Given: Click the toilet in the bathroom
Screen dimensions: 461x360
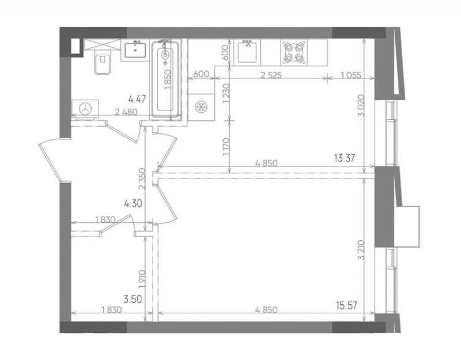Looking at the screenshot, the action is pos(103,63).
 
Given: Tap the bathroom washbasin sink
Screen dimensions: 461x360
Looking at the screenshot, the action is pos(135,50).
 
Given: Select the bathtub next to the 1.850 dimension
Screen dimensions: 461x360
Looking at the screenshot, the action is pos(165,81).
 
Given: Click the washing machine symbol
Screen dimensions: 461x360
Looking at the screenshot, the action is pos(85,109).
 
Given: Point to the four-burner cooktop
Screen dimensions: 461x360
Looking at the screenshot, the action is pos(294,53).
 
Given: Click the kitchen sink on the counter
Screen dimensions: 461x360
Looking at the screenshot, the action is pos(249,52).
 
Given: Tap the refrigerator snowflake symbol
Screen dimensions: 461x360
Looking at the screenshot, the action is pos(201,107).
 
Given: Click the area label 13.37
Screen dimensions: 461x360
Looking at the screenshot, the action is pos(344,158).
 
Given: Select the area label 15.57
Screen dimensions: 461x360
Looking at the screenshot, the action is pos(347,305).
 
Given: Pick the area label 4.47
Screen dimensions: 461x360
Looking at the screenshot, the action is pos(137,98).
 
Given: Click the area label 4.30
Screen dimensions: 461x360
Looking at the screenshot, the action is pos(133,203).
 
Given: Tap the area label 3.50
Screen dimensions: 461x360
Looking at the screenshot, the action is pos(133,300).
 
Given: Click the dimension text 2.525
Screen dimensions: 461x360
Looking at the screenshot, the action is pos(271,75).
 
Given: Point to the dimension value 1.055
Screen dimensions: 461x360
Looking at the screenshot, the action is pos(351,75).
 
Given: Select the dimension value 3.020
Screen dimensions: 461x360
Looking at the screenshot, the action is pos(361,105).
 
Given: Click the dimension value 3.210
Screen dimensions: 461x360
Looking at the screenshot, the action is pos(361,251).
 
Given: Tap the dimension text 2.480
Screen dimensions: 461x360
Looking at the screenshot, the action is pos(126,112).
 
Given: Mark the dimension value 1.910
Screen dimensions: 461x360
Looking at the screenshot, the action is pos(142,279).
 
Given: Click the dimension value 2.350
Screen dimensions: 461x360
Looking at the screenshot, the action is pos(142,179).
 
